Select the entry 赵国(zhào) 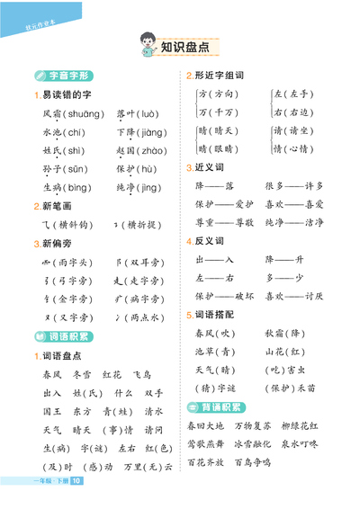pyautogui.click(x=139, y=151)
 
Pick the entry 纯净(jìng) pyautogui.click(x=139, y=187)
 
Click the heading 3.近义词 pyautogui.click(x=209, y=167)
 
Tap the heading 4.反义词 pyautogui.click(x=209, y=241)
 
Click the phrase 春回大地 pyautogui.click(x=208, y=425)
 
